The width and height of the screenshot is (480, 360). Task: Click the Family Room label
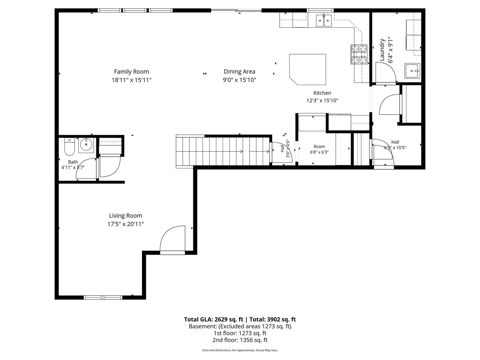(131, 72)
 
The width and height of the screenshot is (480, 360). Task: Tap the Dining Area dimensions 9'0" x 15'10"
(239, 80)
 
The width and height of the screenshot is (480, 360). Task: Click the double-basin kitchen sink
(324, 21)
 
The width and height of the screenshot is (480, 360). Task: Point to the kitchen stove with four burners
(359, 54)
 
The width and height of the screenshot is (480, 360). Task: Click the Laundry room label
(382, 50)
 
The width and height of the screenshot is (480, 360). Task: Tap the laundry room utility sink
(412, 71)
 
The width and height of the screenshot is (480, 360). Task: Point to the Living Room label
(125, 216)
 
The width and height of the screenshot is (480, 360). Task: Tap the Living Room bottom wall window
(103, 297)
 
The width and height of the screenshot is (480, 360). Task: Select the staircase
(223, 151)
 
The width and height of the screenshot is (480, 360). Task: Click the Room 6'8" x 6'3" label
(319, 147)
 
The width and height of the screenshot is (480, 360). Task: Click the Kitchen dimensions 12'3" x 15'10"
(322, 101)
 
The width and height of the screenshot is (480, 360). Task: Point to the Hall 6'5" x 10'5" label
(395, 142)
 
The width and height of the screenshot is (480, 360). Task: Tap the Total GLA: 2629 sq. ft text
(214, 319)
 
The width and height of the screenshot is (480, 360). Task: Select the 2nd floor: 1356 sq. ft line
(240, 340)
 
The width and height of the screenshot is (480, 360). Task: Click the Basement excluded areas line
(240, 326)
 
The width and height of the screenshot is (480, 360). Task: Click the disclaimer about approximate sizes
(240, 350)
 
